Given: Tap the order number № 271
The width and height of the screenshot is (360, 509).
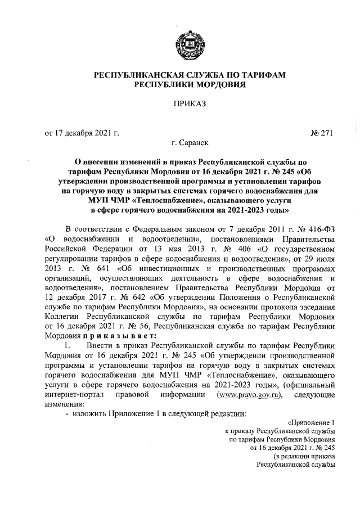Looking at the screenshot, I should pos(322,133).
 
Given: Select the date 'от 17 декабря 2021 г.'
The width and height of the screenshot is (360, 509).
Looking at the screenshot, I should pos(82,133).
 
